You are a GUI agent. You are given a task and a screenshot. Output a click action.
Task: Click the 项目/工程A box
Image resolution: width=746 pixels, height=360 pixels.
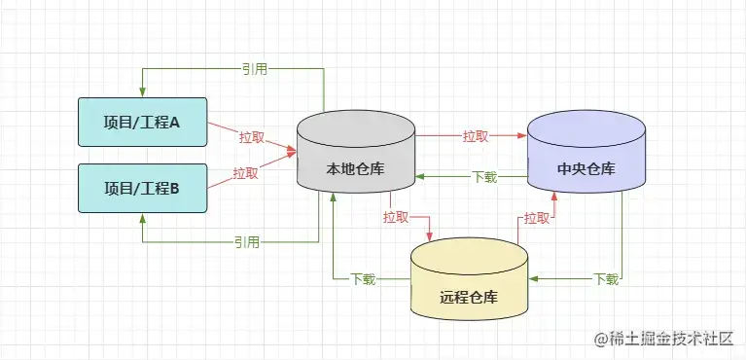[142, 123]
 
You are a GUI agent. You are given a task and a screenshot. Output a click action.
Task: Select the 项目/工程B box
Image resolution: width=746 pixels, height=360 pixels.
[142, 189]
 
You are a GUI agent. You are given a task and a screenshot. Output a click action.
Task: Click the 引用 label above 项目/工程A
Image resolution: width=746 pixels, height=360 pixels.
[255, 69]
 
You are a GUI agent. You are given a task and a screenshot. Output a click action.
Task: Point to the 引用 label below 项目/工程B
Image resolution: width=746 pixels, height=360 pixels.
[247, 241]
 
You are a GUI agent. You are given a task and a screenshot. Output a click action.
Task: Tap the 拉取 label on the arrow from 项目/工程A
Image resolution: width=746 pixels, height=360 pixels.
[251, 136]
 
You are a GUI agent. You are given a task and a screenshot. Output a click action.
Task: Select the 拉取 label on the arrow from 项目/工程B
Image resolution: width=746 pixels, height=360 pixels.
[245, 174]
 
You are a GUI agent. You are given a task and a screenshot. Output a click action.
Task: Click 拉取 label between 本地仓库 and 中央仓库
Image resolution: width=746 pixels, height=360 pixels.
[476, 136]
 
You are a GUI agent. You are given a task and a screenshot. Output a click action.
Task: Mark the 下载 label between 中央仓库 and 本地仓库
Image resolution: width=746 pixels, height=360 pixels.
[484, 177]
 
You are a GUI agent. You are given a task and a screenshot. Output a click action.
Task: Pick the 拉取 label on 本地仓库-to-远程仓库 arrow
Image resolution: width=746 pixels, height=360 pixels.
[396, 216]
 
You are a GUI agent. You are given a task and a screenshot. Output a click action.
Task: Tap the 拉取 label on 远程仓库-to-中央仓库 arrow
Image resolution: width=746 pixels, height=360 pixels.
[536, 218]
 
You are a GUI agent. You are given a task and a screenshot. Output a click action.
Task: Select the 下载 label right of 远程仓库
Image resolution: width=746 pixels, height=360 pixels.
[605, 279]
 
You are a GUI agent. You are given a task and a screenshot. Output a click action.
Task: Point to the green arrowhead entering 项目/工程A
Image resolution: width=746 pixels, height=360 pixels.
[143, 91]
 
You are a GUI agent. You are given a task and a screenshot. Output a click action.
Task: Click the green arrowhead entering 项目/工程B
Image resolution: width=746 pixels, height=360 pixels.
[143, 219]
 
